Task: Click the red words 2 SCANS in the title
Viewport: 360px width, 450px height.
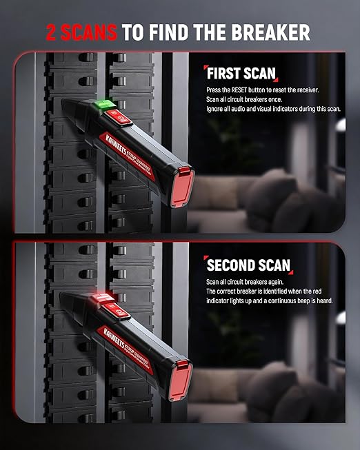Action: [x=81, y=32]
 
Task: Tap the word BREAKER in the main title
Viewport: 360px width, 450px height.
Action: [x=270, y=32]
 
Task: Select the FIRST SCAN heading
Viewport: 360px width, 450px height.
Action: [x=241, y=74]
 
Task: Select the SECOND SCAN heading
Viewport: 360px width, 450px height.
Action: [x=248, y=265]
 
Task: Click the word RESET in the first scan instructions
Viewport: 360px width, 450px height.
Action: [x=239, y=90]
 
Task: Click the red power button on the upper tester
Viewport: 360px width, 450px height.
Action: [x=118, y=117]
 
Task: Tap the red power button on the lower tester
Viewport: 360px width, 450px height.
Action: [x=117, y=311]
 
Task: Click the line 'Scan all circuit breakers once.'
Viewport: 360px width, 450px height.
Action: [x=244, y=100]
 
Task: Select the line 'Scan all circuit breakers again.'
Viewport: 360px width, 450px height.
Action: [x=245, y=282]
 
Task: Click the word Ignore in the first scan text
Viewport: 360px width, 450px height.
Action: [x=214, y=109]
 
